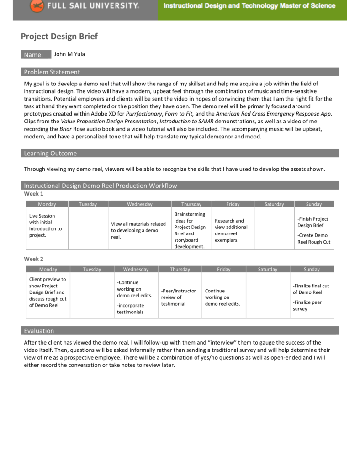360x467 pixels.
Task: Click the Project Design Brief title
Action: point(59,37)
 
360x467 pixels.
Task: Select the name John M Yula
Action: point(69,54)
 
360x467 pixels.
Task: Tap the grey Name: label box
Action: point(36,55)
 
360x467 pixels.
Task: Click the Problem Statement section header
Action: point(52,72)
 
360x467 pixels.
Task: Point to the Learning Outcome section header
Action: point(50,154)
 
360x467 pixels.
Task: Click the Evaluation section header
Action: point(39,331)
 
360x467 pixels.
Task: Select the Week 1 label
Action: point(33,194)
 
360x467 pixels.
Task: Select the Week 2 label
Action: point(33,259)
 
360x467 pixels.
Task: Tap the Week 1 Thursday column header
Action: point(191,204)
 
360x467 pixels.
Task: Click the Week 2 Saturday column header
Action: point(267,270)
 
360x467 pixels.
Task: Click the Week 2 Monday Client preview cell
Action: point(47,292)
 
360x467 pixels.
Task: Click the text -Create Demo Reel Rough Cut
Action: point(313,239)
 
